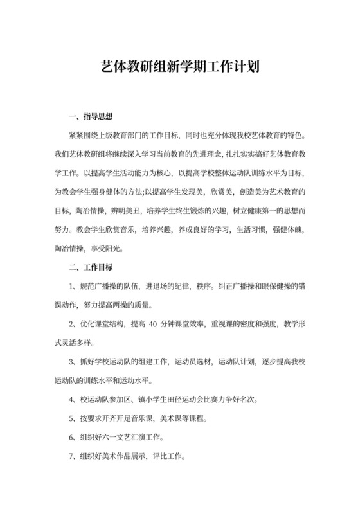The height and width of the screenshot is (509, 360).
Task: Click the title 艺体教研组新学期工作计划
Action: tap(180, 67)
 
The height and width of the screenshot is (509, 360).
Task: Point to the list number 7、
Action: tap(73, 456)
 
